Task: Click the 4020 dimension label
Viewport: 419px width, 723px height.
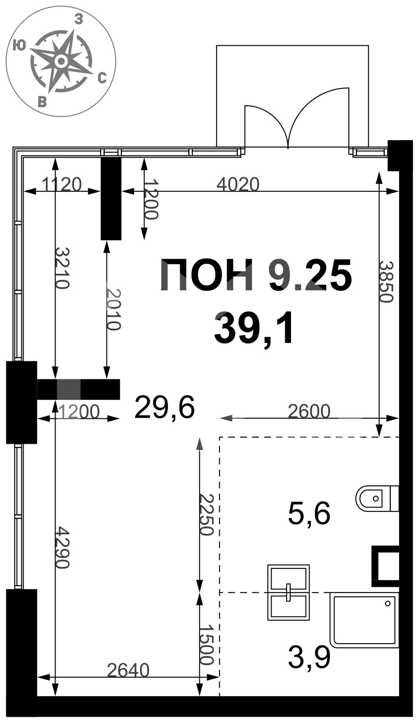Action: [238, 185]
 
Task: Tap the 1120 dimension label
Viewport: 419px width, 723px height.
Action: [61, 185]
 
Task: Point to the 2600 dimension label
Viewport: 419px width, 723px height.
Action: [309, 411]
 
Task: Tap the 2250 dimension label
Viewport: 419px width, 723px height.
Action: [207, 514]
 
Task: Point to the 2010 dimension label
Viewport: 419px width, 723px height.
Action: [114, 309]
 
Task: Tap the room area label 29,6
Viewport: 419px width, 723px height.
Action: [165, 407]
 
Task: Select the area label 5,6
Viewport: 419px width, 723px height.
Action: [309, 514]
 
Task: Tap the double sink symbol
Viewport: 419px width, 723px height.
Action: [288, 592]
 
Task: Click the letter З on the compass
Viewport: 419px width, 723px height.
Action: [78, 19]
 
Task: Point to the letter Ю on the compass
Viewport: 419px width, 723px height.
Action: [19, 45]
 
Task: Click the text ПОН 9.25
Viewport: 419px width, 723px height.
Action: [256, 275]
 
